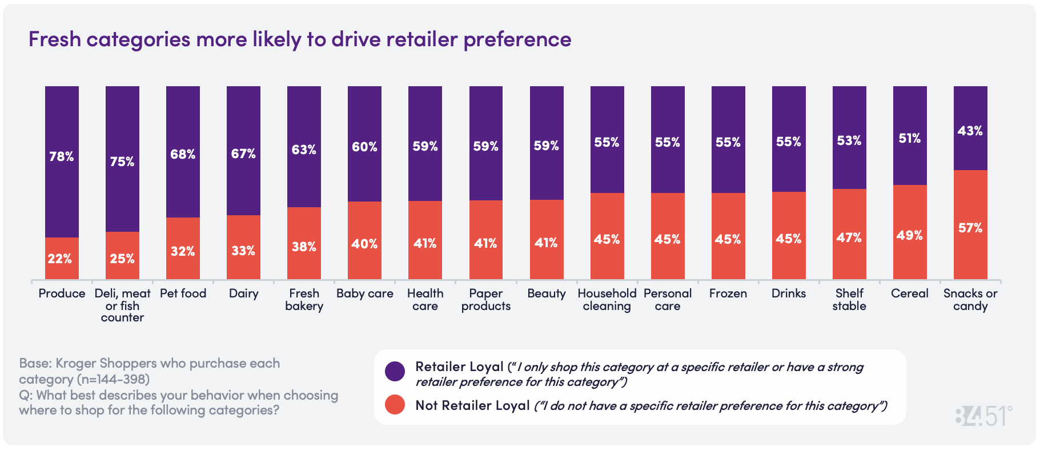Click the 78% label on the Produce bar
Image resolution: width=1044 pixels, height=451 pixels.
(62, 156)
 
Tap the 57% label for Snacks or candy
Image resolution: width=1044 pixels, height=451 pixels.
(970, 228)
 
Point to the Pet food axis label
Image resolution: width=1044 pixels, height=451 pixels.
(183, 293)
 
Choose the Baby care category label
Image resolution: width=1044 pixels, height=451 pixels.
(364, 293)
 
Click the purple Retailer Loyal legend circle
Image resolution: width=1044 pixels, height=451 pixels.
(395, 371)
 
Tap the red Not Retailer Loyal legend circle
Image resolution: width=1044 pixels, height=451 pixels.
(395, 405)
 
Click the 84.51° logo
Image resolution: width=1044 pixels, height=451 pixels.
(983, 416)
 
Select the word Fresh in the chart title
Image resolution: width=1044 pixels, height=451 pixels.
(52, 39)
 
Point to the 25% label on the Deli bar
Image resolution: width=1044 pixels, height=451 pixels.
(122, 259)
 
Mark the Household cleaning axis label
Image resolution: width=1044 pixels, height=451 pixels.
(607, 300)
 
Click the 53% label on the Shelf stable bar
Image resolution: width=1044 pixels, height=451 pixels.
(849, 140)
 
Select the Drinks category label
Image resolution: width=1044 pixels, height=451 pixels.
(789, 293)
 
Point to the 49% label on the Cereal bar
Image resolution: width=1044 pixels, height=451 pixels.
(910, 235)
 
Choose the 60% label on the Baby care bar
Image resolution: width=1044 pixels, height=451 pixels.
(364, 147)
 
